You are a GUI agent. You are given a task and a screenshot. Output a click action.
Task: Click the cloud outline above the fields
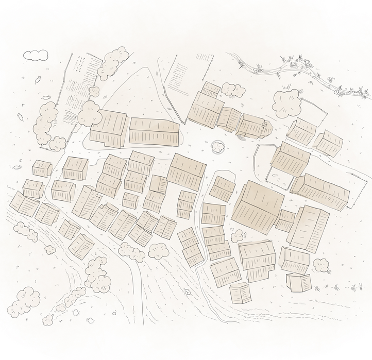(36, 55)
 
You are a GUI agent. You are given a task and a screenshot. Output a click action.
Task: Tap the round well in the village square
(218, 148)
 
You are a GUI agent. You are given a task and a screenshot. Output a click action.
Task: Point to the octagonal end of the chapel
(267, 128)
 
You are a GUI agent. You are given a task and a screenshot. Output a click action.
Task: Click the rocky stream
(309, 75)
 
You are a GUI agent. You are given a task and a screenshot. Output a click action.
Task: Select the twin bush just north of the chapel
(233, 91)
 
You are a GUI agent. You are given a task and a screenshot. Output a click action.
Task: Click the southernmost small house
(240, 293)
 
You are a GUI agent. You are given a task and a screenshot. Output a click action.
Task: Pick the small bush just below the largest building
(236, 236)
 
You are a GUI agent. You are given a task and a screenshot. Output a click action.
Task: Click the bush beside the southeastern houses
(321, 265)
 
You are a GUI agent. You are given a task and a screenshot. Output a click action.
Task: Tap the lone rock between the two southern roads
(188, 292)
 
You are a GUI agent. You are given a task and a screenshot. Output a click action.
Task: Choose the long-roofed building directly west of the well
(154, 132)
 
